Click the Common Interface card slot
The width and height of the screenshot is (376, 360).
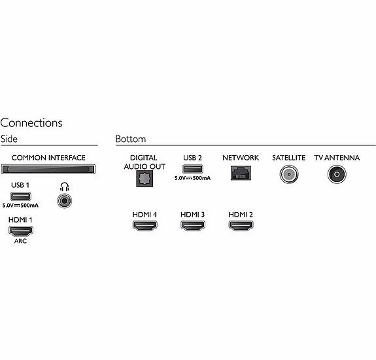click(48, 169)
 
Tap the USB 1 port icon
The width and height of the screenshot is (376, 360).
click(20, 196)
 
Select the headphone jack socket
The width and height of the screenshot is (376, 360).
click(65, 201)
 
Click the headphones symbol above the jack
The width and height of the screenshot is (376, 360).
click(65, 187)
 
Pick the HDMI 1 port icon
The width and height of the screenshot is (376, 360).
click(21, 231)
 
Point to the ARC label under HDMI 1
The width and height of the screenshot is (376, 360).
click(20, 241)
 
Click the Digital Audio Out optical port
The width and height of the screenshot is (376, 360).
click(145, 179)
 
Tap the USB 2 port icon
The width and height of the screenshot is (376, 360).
click(192, 169)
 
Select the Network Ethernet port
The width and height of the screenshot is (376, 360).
click(241, 173)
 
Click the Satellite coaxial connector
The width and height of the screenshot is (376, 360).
click(289, 174)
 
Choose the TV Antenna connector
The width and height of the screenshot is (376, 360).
click(337, 174)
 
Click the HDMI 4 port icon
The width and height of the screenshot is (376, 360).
click(145, 226)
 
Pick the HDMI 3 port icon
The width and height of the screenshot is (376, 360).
click(193, 226)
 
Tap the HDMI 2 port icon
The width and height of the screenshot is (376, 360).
click(241, 226)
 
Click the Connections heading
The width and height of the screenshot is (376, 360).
click(31, 122)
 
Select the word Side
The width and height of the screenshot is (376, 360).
click(9, 139)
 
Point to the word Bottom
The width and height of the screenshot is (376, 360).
click(131, 139)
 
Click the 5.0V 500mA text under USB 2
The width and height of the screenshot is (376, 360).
click(192, 178)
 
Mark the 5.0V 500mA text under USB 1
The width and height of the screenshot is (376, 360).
click(20, 206)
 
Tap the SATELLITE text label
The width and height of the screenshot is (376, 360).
click(289, 158)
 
